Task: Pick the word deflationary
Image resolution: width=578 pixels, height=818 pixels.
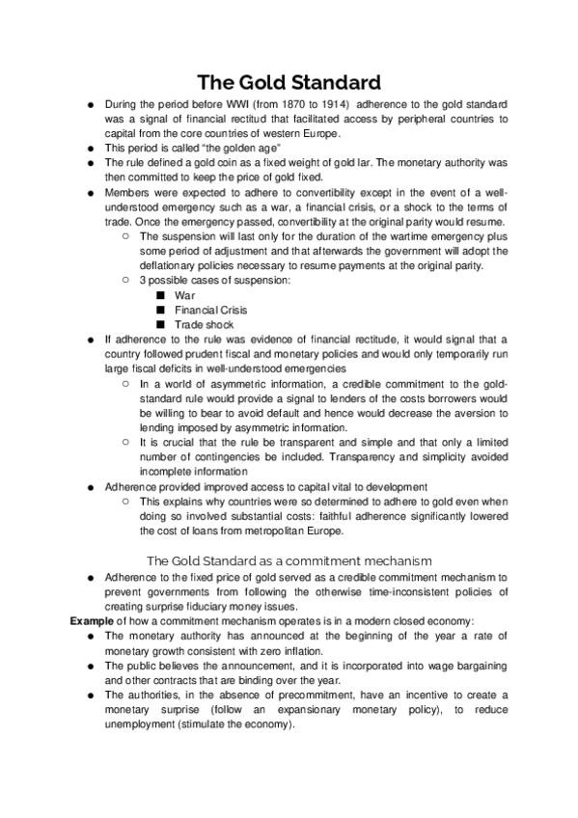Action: point(174,266)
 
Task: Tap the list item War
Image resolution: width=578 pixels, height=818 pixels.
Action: point(184,295)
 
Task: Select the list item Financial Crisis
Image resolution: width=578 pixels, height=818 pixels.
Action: point(210,310)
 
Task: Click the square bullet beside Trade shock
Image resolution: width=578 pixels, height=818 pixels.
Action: point(160,325)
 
